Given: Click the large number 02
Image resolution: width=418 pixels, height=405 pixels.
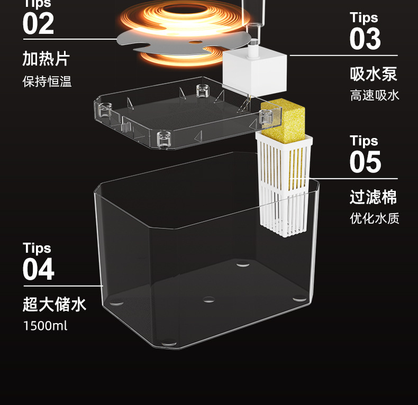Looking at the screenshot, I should tap(38, 24).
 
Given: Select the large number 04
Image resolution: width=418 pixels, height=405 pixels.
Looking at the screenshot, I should tap(38, 269).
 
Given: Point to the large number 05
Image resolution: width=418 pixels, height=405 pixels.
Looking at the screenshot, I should tap(365, 162).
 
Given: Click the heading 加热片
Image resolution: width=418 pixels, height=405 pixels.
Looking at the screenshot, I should tap(46, 58).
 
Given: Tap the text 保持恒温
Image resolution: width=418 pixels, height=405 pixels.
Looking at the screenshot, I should tap(47, 82).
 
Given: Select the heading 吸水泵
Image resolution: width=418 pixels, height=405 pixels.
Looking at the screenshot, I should tap(373, 73).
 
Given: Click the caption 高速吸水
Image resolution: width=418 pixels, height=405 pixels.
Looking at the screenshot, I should tap(374, 96).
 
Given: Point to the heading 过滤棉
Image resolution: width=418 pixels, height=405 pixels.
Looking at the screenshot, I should tap(373, 197).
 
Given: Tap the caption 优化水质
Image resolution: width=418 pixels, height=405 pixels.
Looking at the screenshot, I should tap(374, 218).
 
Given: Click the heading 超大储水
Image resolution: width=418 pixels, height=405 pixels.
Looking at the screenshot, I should tap(54, 305).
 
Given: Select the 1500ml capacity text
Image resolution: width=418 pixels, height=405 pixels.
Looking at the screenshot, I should tap(45, 326).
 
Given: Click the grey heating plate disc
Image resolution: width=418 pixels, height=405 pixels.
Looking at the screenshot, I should tap(159, 37).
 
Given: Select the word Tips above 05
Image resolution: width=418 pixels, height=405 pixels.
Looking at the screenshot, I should tap(364, 141).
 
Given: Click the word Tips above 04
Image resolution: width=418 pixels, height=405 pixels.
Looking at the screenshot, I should tap(37, 248).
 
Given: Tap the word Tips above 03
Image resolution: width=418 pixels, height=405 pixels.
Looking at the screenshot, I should tap(364, 17).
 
